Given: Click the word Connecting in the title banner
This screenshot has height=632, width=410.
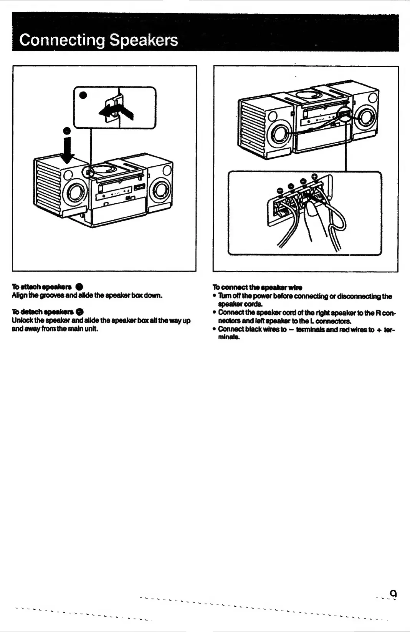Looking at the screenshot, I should point(61,40).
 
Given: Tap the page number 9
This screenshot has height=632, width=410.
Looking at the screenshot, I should point(393,594).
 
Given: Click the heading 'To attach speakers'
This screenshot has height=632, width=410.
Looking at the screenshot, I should point(41,287).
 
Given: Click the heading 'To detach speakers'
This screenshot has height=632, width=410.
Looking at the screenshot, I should point(43,312).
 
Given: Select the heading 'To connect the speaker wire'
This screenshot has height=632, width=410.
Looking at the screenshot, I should point(257,287).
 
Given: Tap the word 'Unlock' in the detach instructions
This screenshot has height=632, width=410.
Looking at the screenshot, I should point(21,320).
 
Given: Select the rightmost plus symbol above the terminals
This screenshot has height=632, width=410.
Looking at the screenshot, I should point(314,177).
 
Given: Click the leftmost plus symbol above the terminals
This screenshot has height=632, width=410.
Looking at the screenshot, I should point(280,190).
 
